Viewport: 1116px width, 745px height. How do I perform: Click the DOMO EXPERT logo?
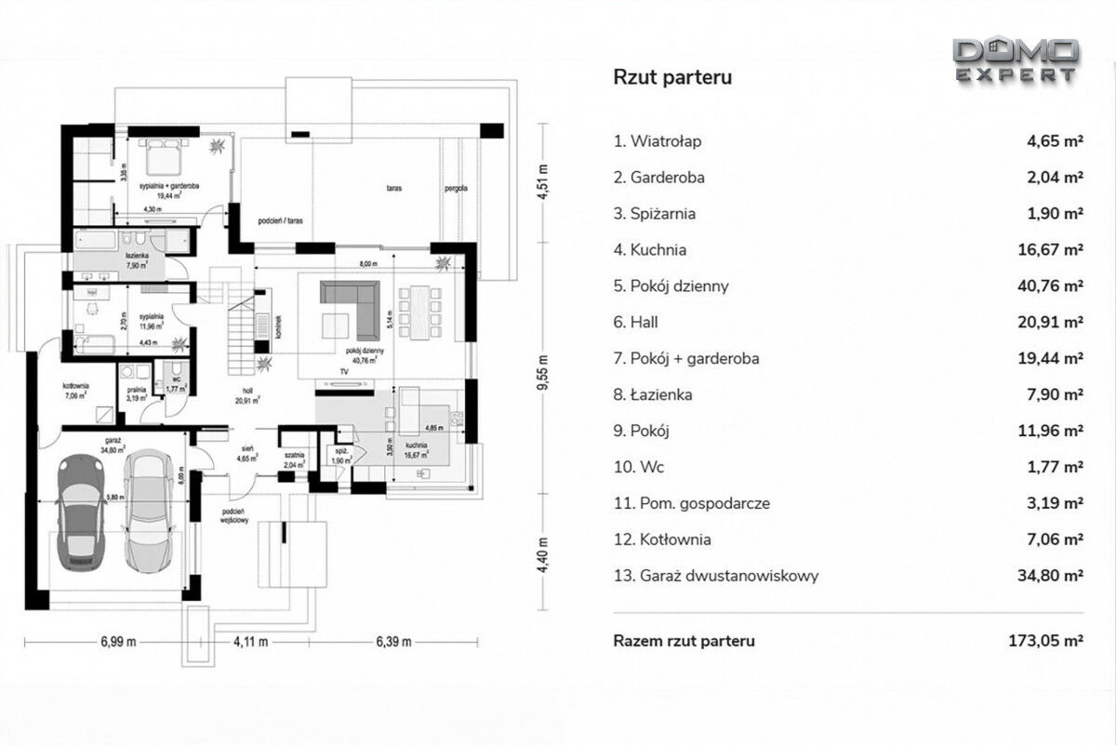click(x=1016, y=60)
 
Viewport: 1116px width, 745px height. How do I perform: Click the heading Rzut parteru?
click(x=671, y=77)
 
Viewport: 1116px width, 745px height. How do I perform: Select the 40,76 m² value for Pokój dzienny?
click(x=1047, y=286)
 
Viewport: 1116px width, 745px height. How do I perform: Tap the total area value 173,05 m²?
click(x=1045, y=641)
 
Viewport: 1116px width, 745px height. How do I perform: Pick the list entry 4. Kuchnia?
click(x=649, y=250)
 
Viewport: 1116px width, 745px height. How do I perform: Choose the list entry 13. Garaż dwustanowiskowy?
click(x=716, y=576)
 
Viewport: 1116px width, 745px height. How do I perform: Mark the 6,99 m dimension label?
click(x=118, y=642)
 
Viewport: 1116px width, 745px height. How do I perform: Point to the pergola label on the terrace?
click(x=456, y=188)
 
